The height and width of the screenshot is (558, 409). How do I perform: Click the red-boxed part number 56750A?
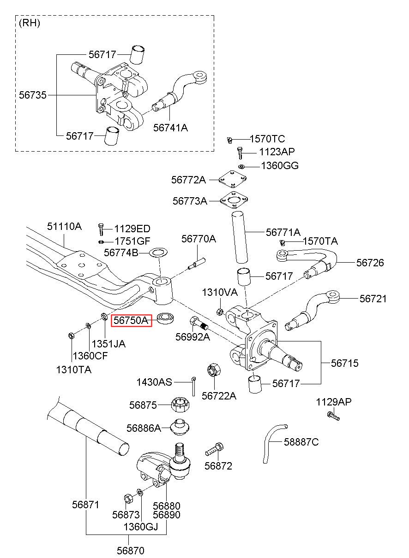pos(131,320)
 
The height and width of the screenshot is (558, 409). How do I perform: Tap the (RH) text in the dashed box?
pos(30,23)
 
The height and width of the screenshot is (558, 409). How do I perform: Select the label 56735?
pos(33,95)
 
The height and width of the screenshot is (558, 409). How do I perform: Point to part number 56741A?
pos(170,128)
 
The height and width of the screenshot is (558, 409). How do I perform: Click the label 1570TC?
pos(267,139)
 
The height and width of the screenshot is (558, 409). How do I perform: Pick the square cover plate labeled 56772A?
pos(233,178)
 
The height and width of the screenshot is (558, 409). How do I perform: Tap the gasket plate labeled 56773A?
pos(234,200)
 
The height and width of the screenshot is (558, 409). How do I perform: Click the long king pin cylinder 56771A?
pos(240,237)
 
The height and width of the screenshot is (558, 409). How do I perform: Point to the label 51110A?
pos(64,226)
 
